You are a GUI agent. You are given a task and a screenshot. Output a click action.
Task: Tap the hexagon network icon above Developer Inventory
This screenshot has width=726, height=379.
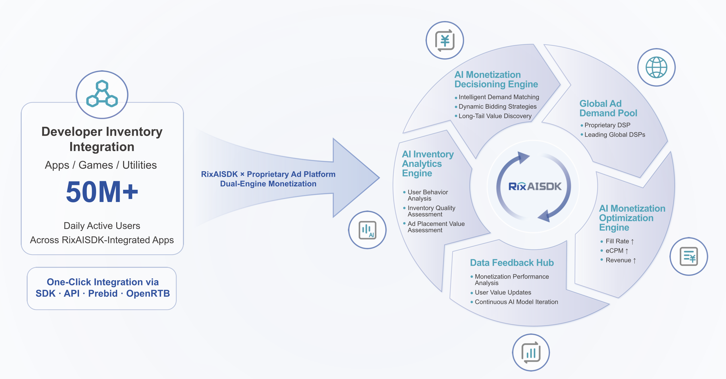tap(102, 94)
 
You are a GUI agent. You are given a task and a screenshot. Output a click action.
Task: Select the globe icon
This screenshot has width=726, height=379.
tap(656, 67)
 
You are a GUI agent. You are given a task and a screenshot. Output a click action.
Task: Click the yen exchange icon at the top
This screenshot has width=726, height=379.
tap(445, 40)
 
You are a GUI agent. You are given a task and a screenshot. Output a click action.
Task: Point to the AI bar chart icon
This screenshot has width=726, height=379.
tap(368, 230)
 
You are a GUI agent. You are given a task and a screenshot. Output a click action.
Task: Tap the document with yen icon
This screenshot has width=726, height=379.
tap(689, 256)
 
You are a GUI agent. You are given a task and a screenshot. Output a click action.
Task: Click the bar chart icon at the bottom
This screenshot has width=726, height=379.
tap(531, 353)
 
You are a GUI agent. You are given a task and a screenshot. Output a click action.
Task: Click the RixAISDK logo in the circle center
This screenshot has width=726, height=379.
tap(535, 186)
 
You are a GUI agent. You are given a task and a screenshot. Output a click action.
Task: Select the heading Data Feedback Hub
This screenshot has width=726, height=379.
tap(512, 263)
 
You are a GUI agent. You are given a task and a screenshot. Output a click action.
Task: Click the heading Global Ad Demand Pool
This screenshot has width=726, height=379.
tap(608, 108)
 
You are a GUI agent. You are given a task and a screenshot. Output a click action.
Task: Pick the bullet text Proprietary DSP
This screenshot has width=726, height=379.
tap(607, 125)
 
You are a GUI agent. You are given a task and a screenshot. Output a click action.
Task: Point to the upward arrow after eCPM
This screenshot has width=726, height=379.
tap(627, 251)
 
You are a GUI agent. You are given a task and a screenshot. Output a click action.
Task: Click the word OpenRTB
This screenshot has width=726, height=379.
tap(148, 293)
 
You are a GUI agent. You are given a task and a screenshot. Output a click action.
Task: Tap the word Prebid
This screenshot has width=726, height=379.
tap(103, 293)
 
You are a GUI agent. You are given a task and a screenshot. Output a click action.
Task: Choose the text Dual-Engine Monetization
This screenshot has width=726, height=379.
tap(268, 184)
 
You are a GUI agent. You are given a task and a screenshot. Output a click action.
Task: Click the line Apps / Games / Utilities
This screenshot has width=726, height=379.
tap(101, 165)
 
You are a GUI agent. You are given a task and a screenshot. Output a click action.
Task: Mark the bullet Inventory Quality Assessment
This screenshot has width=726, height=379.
tap(431, 211)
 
